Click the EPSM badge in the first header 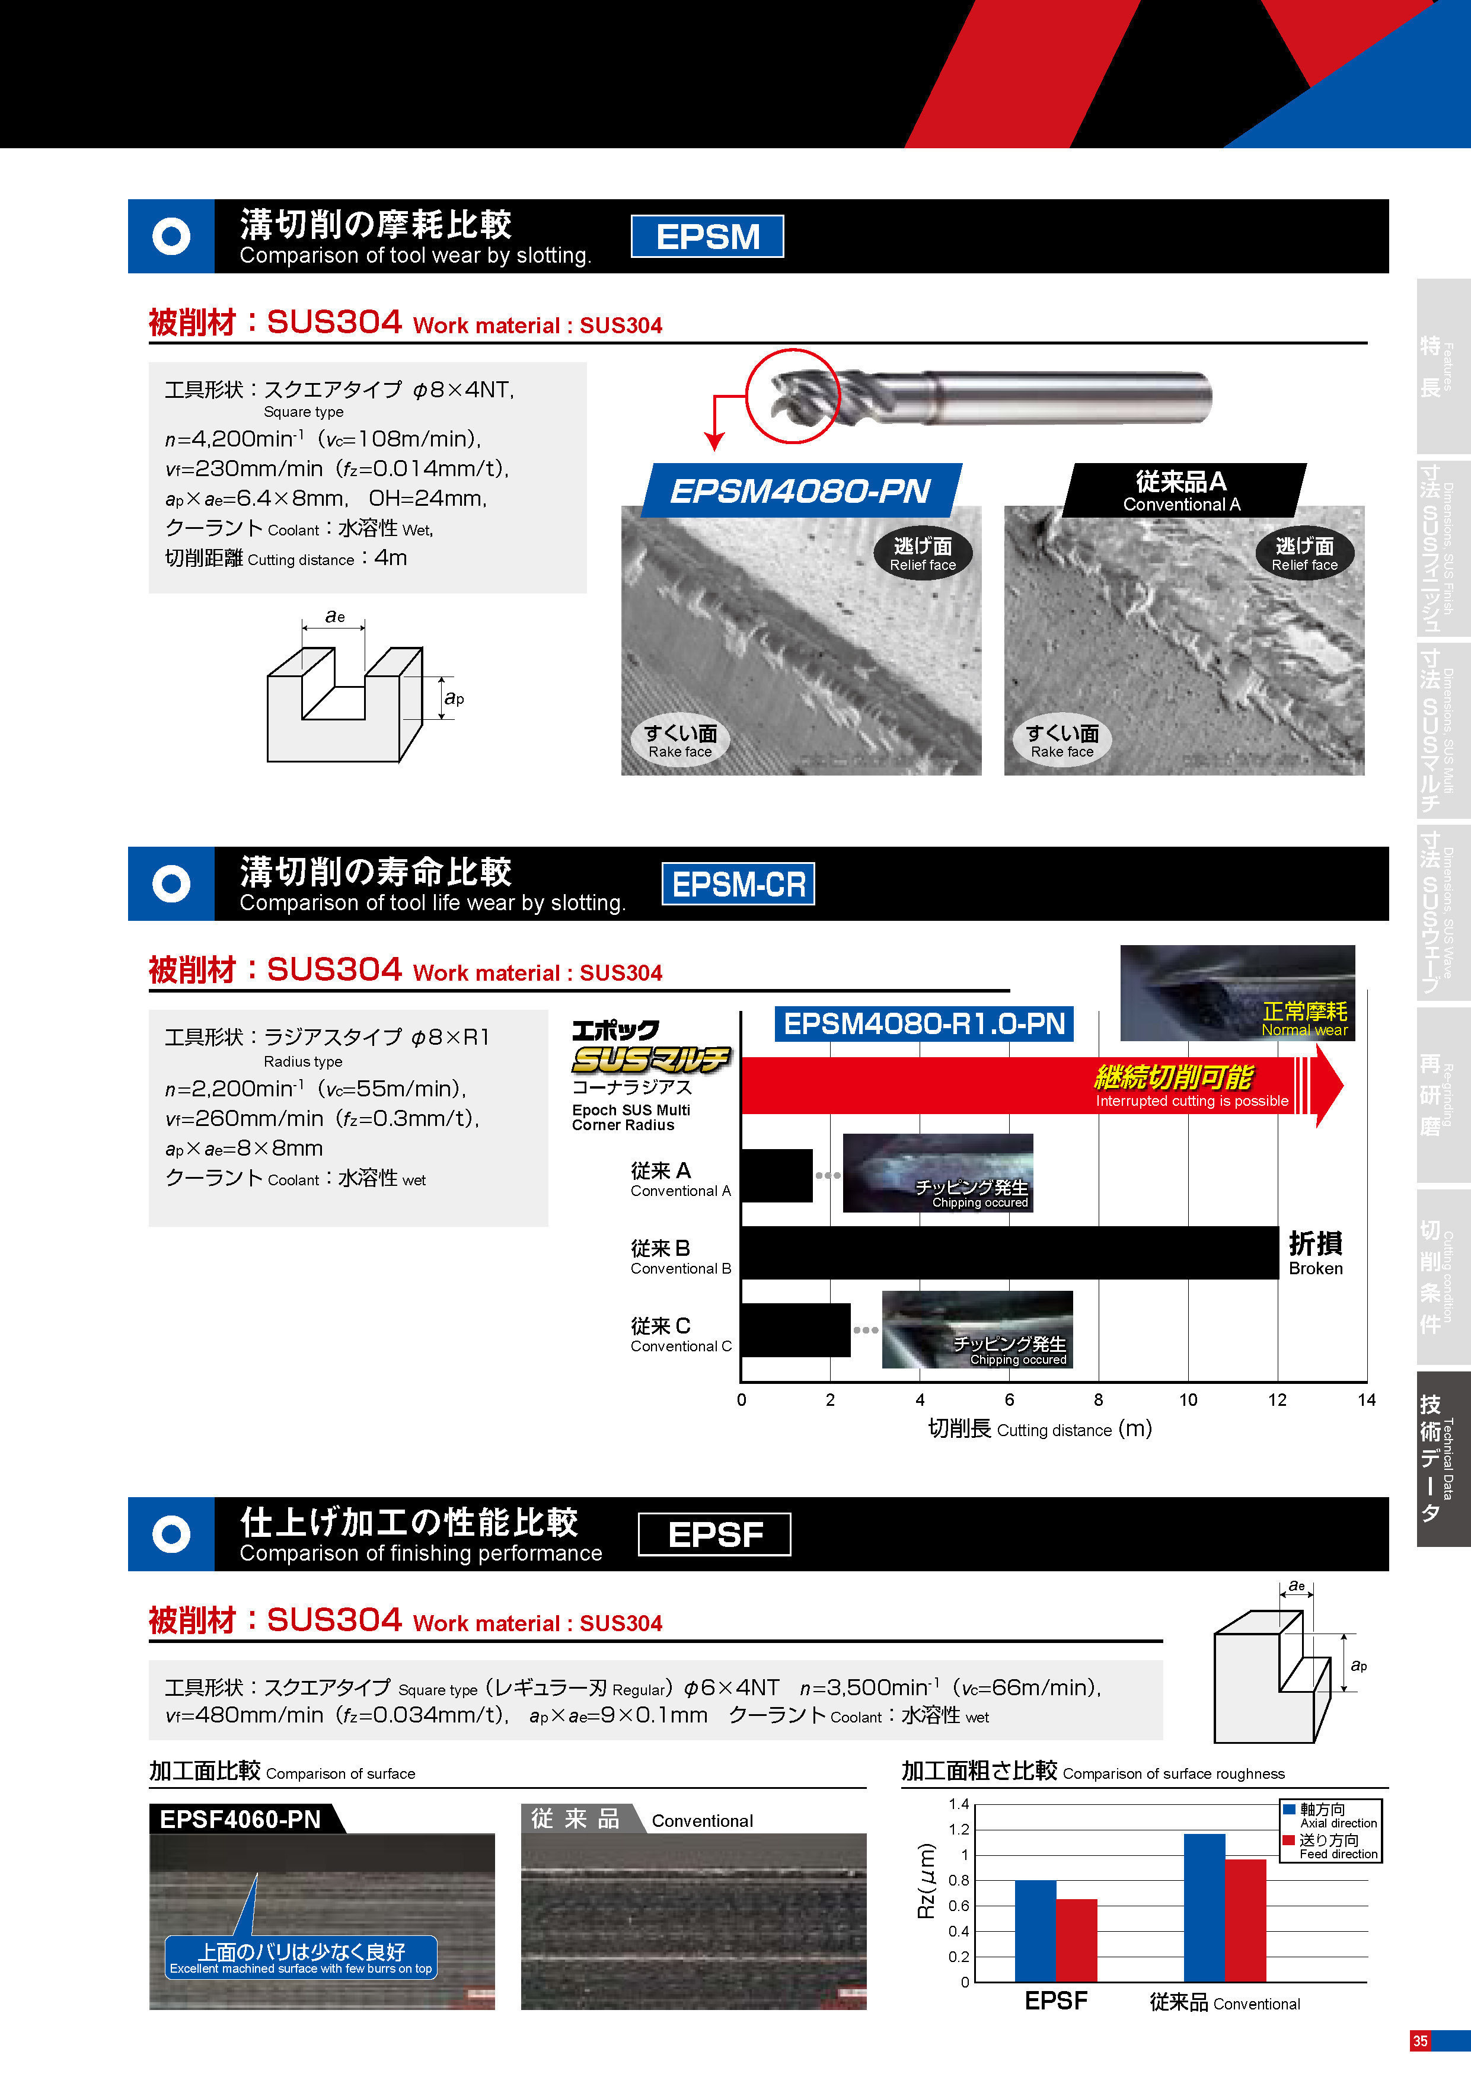707,237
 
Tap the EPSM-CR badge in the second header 738,883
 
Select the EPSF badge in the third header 714,1534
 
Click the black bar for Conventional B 1010,1253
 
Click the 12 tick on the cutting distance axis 1277,1400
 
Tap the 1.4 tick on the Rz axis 958,1804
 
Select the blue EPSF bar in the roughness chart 1035,1931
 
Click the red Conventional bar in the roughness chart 1246,1920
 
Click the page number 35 1420,2040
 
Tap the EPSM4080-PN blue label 800,490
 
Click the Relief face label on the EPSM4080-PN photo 923,554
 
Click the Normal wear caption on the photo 1304,1029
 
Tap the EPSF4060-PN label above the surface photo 240,1819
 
